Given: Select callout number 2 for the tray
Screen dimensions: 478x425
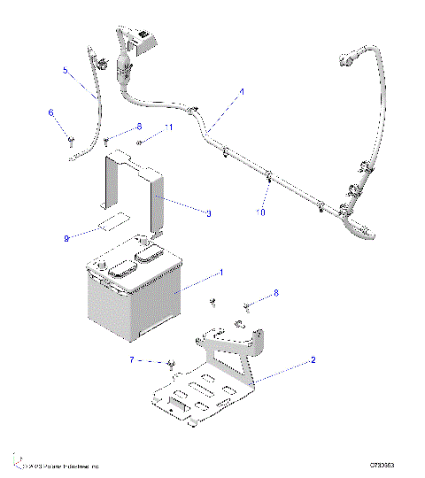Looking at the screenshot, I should pos(313,361).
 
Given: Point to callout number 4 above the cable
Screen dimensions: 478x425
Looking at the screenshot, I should pos(242,91).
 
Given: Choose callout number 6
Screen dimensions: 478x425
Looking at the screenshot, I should pos(51,112).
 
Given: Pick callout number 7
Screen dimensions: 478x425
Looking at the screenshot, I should pos(133,360).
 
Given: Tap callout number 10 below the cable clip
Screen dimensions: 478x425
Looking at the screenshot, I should pos(260,212).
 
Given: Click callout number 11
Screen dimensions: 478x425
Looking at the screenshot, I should pos(169,128).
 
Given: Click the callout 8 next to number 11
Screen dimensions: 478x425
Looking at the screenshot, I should pos(138,127).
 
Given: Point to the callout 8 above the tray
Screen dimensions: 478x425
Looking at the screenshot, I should pos(275,292).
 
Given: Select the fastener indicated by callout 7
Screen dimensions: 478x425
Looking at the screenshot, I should pos(170,363).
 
